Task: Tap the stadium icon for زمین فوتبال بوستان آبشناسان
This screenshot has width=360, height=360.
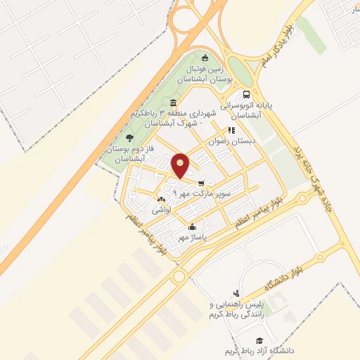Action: (x=205, y=58)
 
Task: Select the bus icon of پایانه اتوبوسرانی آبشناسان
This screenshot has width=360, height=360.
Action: (x=245, y=94)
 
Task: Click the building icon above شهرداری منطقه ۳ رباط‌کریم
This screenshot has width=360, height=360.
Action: (x=173, y=103)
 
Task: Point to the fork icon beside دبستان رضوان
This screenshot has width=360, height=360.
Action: (x=231, y=130)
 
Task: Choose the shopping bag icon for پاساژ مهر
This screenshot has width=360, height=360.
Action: (x=192, y=226)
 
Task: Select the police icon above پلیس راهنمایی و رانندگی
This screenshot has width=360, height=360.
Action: (x=236, y=294)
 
